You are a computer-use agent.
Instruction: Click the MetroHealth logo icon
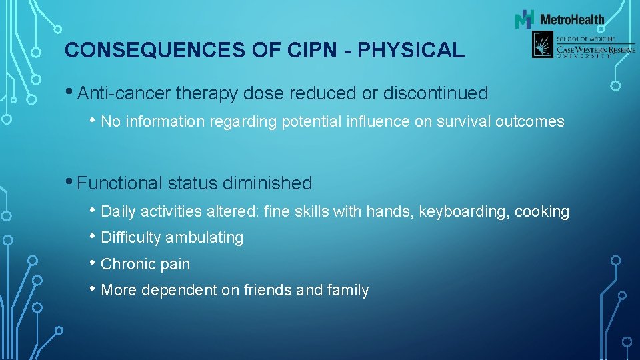point(525,19)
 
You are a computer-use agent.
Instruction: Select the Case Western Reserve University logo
point(583,45)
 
